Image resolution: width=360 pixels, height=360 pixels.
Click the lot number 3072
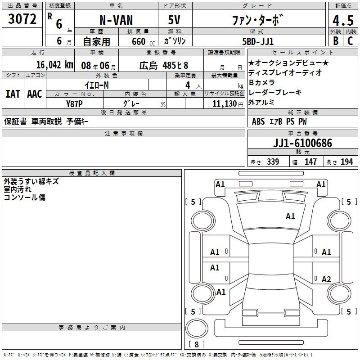(22, 19)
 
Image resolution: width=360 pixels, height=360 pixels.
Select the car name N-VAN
(116, 20)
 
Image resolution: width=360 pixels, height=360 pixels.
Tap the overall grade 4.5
(343, 21)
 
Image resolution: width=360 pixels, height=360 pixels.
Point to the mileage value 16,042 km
(54, 65)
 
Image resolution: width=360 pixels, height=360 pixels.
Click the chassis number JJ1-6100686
(302, 143)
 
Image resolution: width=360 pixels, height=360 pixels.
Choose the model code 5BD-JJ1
(258, 41)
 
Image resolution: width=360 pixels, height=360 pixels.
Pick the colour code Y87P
(74, 104)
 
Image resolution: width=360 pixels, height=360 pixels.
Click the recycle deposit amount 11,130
(225, 104)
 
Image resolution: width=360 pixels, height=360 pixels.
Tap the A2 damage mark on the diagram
(326, 279)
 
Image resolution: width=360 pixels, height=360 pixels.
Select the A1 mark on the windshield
(290, 216)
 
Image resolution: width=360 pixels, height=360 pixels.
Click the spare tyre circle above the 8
(197, 328)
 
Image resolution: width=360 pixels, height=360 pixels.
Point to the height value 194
(346, 162)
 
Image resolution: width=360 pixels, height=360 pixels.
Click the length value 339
(273, 162)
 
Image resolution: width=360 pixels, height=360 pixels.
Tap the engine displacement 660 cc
(143, 42)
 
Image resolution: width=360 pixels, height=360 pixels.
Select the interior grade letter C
(350, 41)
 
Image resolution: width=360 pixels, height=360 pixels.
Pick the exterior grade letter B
(336, 41)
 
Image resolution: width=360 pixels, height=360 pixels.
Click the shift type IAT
(13, 94)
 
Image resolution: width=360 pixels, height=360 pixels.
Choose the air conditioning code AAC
(35, 94)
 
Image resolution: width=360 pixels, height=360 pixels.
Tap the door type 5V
(174, 20)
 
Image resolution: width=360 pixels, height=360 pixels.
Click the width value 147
(310, 162)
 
